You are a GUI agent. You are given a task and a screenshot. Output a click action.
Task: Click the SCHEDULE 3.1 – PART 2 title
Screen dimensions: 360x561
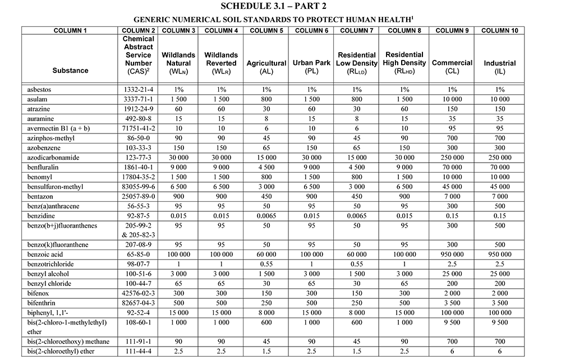tap(280, 6)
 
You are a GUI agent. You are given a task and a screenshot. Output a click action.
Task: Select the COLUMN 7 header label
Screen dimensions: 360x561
tap(357, 30)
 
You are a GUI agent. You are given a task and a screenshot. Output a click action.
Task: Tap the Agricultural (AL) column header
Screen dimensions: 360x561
tap(266, 67)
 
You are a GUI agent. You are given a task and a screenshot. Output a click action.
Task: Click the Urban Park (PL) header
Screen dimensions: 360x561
tap(311, 67)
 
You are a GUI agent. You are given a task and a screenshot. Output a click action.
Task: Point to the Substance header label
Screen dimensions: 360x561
tap(70, 71)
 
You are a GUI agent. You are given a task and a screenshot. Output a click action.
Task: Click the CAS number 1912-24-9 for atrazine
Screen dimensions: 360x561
tap(138, 109)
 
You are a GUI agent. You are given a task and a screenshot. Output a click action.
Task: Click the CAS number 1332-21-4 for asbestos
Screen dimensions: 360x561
tap(138, 89)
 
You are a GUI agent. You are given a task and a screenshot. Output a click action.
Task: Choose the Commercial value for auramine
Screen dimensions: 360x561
tap(452, 118)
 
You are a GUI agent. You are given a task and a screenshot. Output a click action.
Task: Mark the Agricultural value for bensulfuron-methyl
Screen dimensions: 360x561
tap(266, 187)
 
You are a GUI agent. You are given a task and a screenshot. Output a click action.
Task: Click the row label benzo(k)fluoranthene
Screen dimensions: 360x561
tap(58, 245)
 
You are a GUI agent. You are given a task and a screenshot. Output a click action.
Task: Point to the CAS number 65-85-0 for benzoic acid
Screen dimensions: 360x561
tap(138, 255)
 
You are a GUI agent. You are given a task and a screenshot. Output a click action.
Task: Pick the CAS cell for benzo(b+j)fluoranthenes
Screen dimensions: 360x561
tap(138, 230)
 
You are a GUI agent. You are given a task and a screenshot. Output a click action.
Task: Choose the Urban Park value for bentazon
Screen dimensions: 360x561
tap(311, 196)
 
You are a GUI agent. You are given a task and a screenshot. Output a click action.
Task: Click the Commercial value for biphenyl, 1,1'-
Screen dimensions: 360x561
tap(452, 312)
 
